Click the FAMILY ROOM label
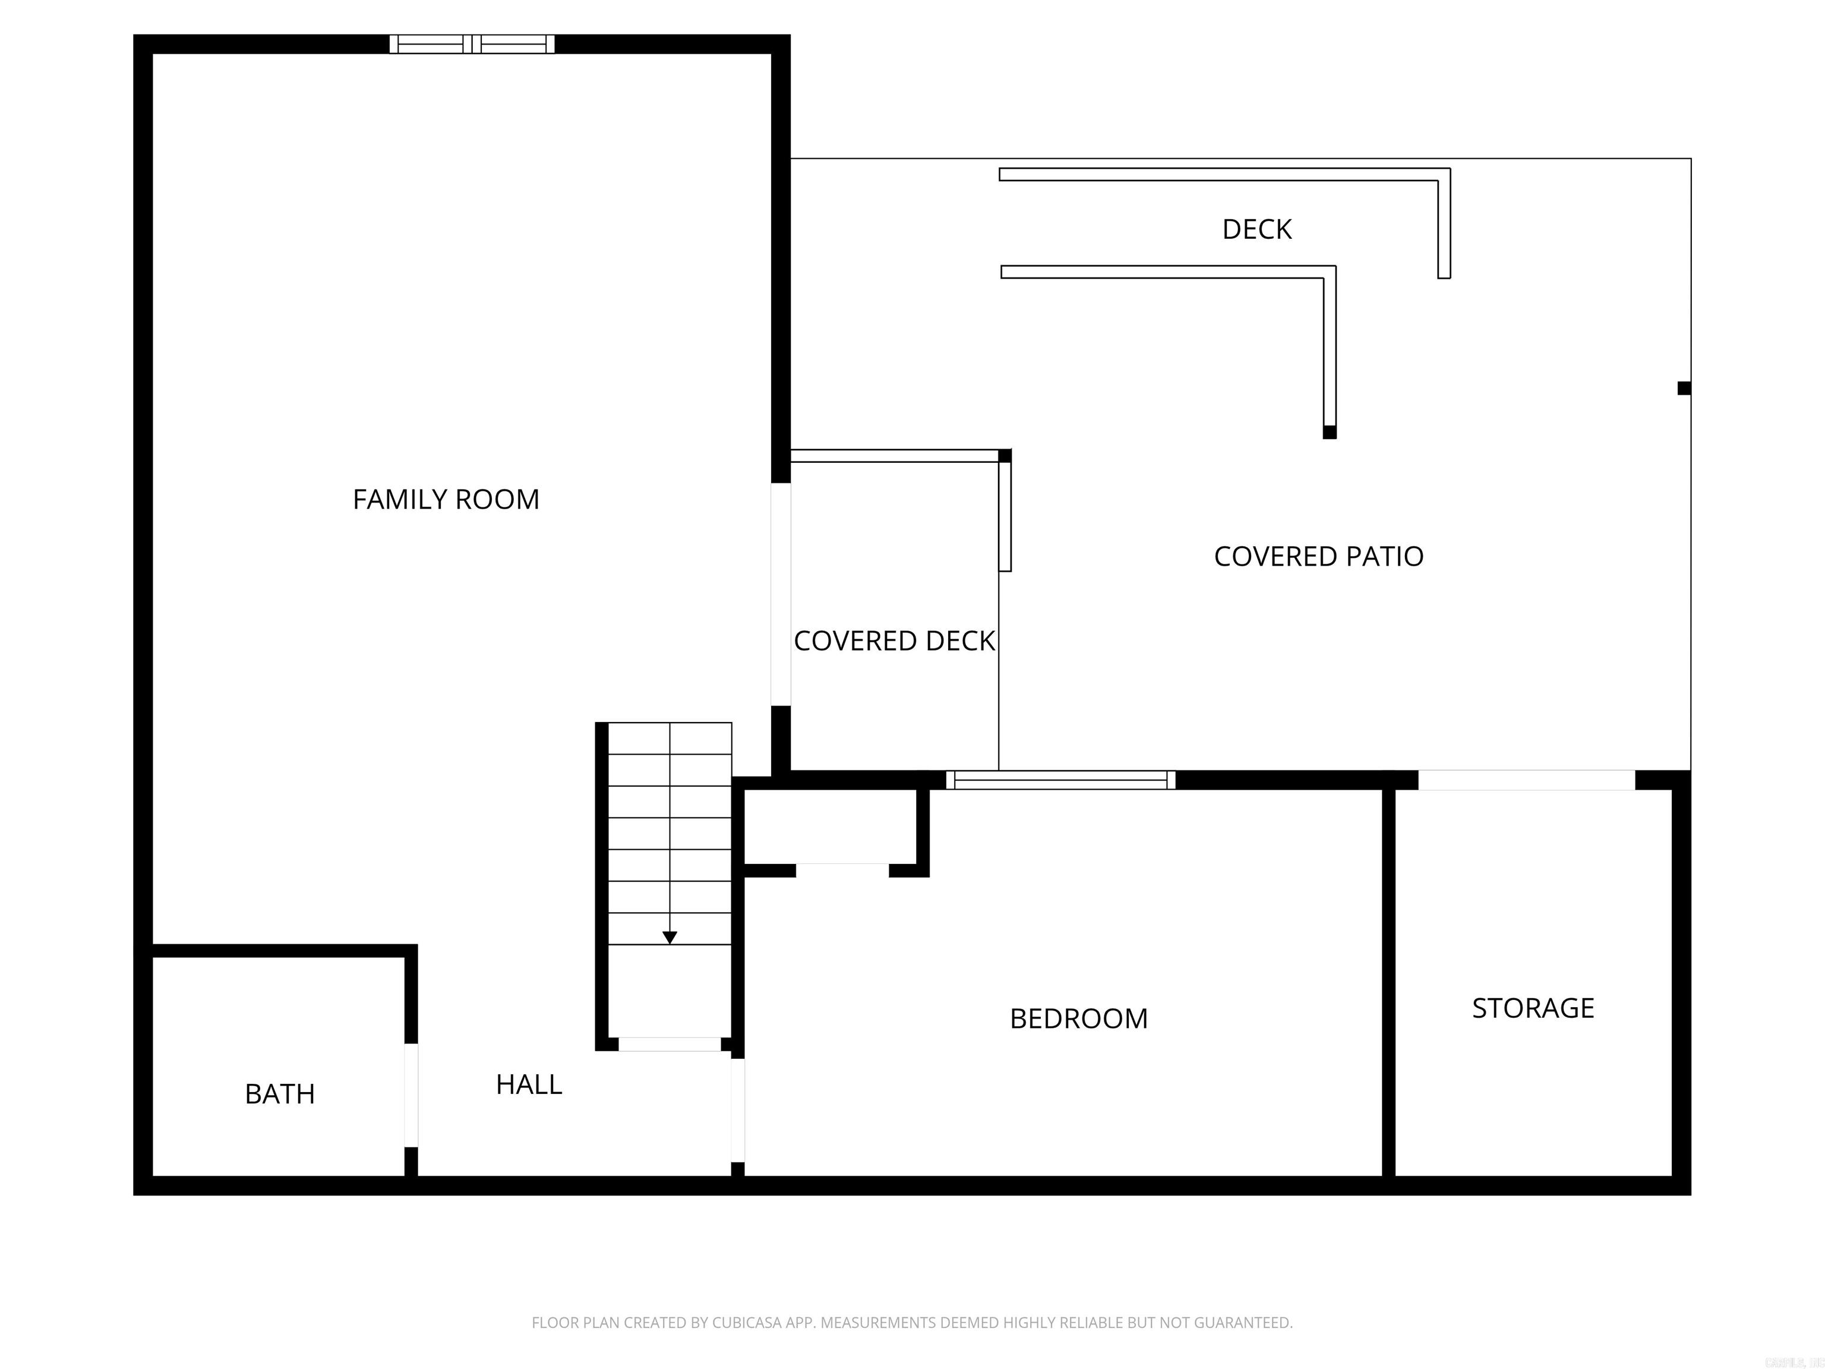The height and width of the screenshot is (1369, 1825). coord(446,499)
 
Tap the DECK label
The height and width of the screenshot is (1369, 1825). coord(1256,229)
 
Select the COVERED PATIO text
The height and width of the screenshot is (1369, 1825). coord(1318,556)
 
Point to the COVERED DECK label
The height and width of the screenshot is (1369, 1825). coord(894,641)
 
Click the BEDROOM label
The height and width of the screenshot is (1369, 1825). coord(1078,1018)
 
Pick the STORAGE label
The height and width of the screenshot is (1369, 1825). coord(1533,1008)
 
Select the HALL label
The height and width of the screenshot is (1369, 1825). coord(529,1084)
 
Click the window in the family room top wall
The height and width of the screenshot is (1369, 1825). coord(472,44)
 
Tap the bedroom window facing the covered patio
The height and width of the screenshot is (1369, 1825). coord(1060,780)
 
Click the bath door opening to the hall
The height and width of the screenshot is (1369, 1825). coord(411,1095)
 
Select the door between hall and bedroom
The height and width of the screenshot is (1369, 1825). coord(738,1111)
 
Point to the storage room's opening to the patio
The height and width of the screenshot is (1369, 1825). coord(1526,780)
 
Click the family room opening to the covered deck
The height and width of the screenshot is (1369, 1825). coord(781,594)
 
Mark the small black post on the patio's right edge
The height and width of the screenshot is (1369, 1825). coord(1684,388)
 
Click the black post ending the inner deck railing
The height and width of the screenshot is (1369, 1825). coord(1329,431)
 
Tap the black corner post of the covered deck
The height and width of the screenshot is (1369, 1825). coord(1005,456)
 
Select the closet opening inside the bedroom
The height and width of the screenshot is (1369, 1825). coord(842,870)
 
